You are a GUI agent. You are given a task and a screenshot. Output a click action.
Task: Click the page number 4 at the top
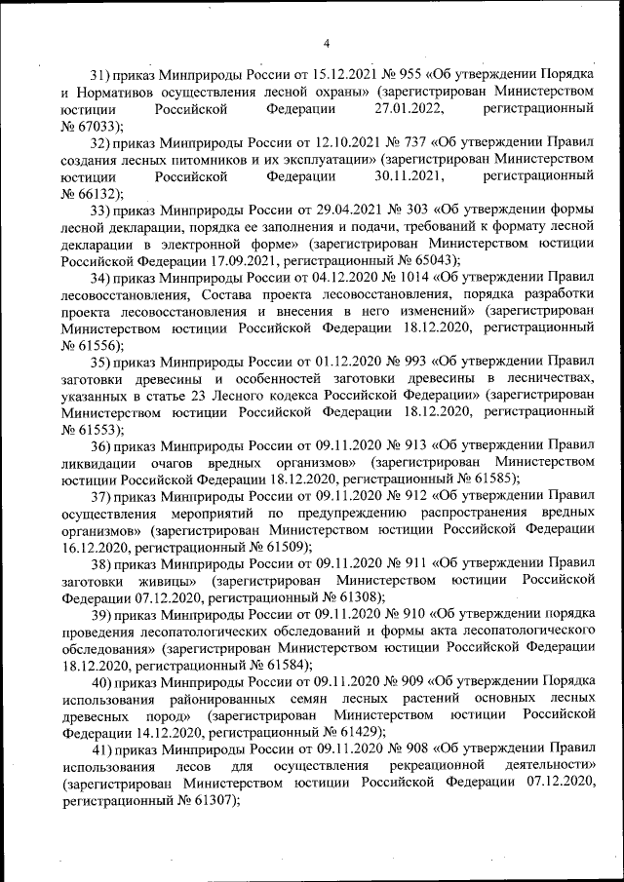327,42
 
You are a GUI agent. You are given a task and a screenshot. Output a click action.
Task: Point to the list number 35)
100,364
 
